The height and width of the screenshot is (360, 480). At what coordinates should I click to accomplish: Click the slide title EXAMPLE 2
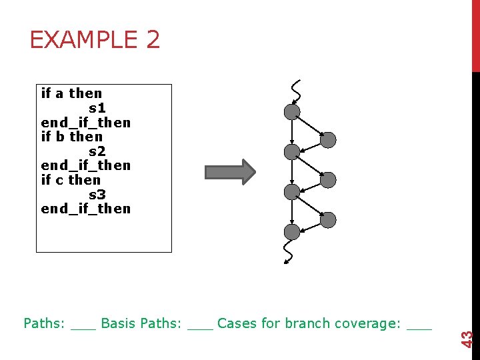click(95, 40)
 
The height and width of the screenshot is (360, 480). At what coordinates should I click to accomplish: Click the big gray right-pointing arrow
click(229, 172)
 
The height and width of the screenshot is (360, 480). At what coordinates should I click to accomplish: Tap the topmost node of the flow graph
click(292, 111)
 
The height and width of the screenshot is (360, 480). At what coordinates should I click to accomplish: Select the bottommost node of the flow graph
click(292, 232)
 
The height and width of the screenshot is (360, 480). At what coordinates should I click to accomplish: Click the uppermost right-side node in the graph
click(328, 140)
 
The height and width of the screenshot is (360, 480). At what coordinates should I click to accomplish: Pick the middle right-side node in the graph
click(328, 179)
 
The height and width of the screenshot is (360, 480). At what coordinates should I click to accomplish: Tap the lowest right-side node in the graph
click(328, 219)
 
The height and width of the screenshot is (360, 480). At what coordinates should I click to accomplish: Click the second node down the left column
click(292, 152)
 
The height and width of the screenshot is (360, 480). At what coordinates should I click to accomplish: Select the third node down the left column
click(292, 192)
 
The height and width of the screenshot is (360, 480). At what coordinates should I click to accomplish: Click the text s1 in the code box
click(97, 108)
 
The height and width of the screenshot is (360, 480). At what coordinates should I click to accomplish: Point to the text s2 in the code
click(97, 151)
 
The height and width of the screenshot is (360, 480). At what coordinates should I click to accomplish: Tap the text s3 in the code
click(97, 195)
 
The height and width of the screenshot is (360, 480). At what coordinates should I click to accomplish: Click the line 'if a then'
click(71, 93)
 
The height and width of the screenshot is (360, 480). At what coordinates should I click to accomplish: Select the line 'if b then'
click(71, 137)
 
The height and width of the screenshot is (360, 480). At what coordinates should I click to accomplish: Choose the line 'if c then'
click(71, 180)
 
